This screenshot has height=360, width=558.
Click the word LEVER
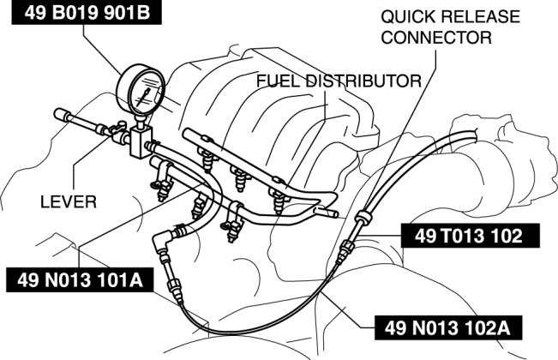point(69,202)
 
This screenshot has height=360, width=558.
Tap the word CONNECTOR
point(437,38)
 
